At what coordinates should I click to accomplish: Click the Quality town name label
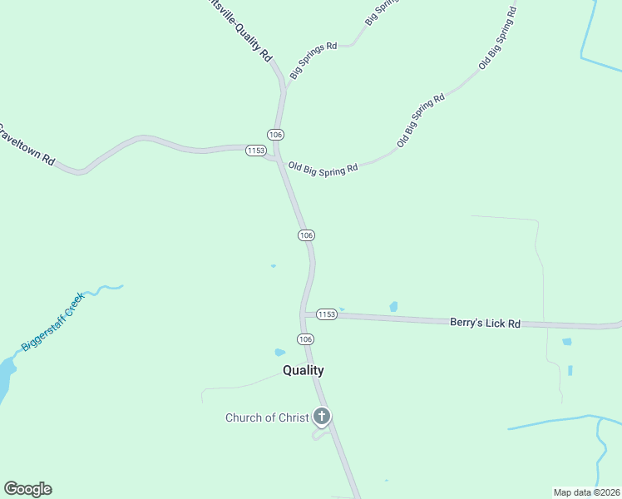[303, 370]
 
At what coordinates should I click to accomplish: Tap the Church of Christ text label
[267, 417]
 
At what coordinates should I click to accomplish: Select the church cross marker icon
[322, 417]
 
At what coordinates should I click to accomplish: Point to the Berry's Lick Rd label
[485, 322]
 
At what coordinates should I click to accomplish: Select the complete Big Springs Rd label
[313, 61]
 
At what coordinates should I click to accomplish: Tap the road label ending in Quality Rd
[242, 30]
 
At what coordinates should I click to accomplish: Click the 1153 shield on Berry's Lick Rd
[326, 314]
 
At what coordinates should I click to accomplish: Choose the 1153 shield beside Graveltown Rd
[255, 151]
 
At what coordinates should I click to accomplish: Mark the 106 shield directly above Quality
[305, 339]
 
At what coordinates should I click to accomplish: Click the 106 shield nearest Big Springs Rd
[276, 135]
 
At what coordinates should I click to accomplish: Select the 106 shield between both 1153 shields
[306, 235]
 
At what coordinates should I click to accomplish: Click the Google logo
[27, 489]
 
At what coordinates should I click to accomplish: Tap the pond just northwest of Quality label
[279, 352]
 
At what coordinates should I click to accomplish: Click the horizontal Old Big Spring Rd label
[323, 168]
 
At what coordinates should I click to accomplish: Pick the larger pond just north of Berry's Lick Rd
[393, 307]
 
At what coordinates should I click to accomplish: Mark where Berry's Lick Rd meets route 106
[304, 314]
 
